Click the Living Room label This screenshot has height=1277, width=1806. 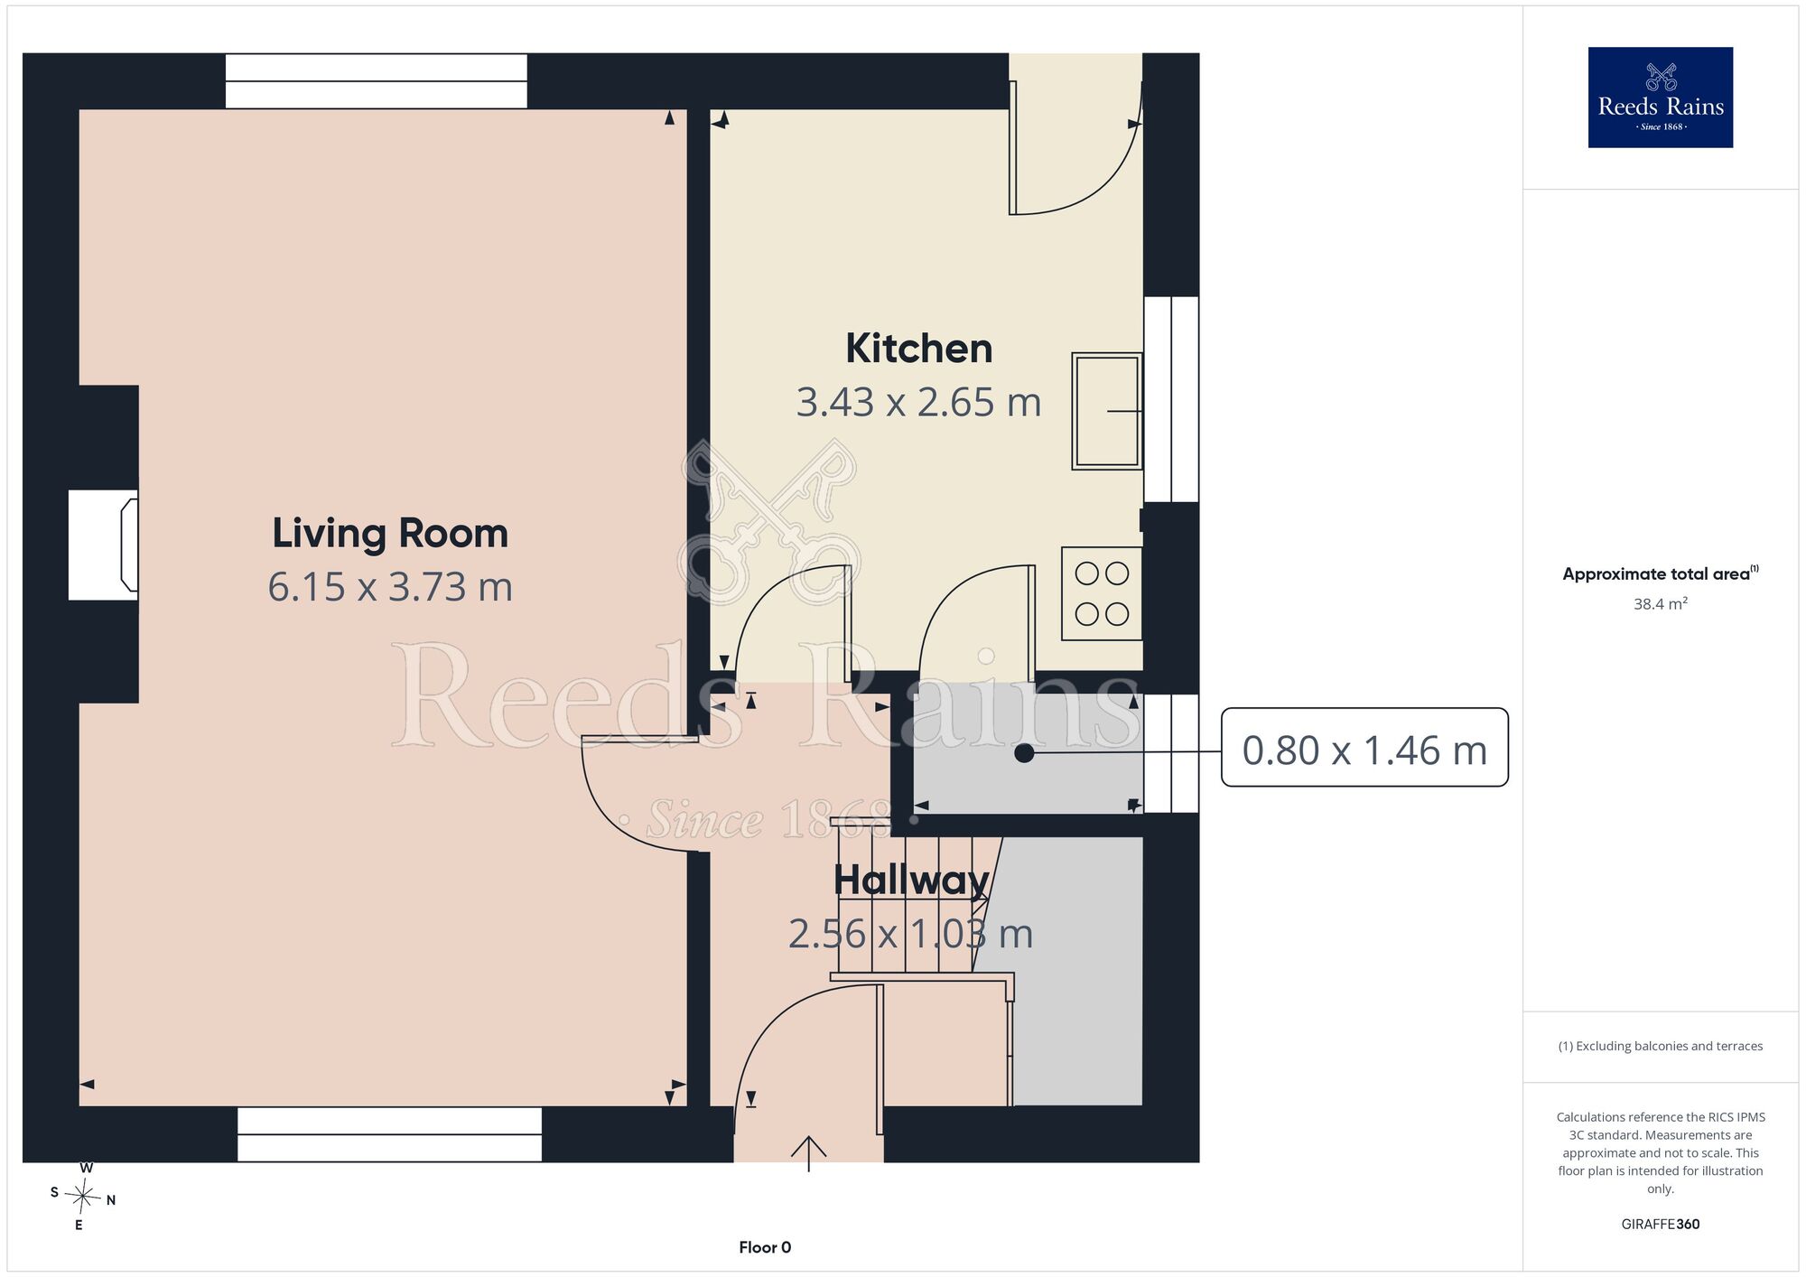pyautogui.click(x=390, y=534)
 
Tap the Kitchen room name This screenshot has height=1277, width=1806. pyautogui.click(x=918, y=349)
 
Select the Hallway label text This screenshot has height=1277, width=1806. pyautogui.click(x=911, y=880)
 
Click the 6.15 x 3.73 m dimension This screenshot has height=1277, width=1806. pyautogui.click(x=390, y=587)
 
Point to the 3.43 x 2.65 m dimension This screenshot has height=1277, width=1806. pyautogui.click(x=918, y=403)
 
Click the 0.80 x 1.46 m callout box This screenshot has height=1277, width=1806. pyautogui.click(x=1364, y=747)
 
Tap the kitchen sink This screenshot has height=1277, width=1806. pyautogui.click(x=1107, y=411)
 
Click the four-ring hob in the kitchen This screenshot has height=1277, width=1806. pyautogui.click(x=1102, y=593)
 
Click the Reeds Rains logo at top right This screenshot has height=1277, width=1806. pyautogui.click(x=1660, y=98)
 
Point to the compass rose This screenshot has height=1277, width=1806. pyautogui.click(x=83, y=1198)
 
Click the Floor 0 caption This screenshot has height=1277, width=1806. pyautogui.click(x=765, y=1247)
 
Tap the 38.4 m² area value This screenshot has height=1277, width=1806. pyautogui.click(x=1660, y=604)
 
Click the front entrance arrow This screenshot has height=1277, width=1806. pyautogui.click(x=808, y=1153)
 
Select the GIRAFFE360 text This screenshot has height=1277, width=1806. pyautogui.click(x=1660, y=1225)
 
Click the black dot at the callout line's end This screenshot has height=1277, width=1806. pyautogui.click(x=1024, y=752)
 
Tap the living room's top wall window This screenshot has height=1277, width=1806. pyautogui.click(x=376, y=81)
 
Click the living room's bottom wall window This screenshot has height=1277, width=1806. pyautogui.click(x=389, y=1134)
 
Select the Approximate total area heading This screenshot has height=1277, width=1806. pyautogui.click(x=1660, y=573)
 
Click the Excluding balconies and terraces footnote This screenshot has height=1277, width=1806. pyautogui.click(x=1660, y=1046)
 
